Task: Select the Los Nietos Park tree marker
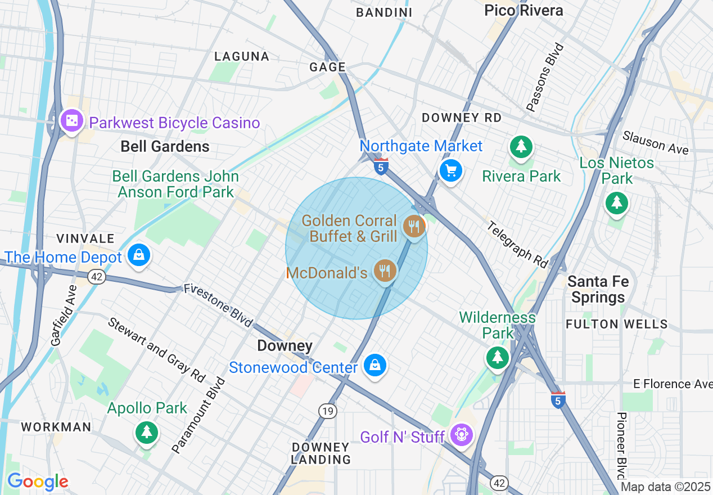click(617, 202)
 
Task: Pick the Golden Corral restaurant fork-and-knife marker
click(414, 227)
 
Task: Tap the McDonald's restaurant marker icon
click(385, 272)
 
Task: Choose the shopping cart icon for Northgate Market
click(450, 170)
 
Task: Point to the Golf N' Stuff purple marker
click(462, 435)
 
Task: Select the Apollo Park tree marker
click(147, 432)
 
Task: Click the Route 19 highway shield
click(328, 411)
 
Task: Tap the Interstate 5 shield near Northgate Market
click(381, 166)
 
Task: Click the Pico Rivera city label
click(523, 10)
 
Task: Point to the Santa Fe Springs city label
click(598, 289)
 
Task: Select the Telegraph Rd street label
click(517, 245)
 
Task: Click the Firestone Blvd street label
click(218, 305)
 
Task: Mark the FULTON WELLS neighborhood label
click(616, 324)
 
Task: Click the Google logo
click(38, 482)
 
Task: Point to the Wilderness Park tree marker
click(497, 357)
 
